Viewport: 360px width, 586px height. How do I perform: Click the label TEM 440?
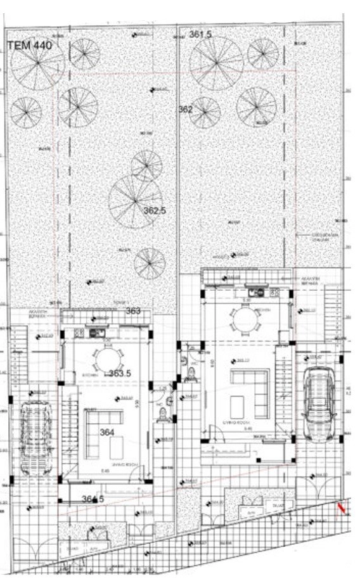(30, 45)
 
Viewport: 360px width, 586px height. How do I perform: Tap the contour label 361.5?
(200, 34)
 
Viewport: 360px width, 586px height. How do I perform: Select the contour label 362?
(185, 110)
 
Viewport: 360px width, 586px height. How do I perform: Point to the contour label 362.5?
(155, 211)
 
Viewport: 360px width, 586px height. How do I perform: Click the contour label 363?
(133, 310)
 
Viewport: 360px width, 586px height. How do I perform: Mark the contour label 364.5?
(93, 499)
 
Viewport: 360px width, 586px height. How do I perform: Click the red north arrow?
(342, 507)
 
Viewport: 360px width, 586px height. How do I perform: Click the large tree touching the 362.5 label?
(135, 201)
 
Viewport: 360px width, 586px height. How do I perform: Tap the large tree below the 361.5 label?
(216, 63)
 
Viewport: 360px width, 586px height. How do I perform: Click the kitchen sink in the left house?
(98, 332)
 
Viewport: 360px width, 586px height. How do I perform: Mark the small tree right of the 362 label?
(205, 112)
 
